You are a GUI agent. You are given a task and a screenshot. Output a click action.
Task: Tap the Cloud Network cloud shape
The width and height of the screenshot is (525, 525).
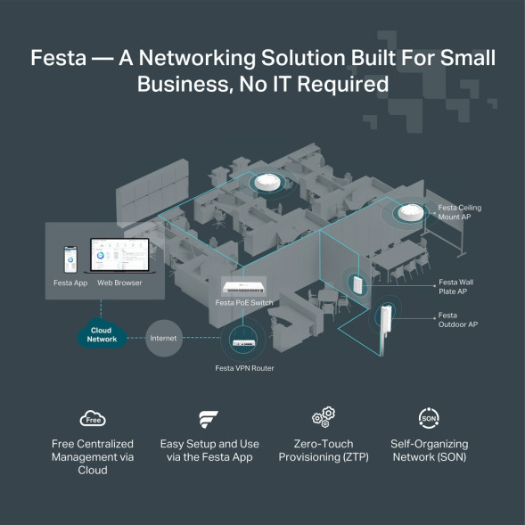(x=103, y=335)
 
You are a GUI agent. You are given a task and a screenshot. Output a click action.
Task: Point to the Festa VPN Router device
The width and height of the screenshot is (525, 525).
(x=243, y=339)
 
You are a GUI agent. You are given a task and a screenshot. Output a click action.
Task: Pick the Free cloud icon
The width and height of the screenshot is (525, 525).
(x=92, y=419)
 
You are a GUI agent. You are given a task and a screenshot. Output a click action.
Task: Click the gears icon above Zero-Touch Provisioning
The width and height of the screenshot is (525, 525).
(x=323, y=418)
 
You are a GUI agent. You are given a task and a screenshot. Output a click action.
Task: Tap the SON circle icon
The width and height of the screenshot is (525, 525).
(x=429, y=418)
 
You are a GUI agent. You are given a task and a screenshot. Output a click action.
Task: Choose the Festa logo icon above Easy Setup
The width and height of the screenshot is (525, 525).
(x=207, y=419)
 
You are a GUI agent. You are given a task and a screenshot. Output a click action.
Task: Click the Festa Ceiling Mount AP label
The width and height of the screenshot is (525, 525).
(x=459, y=212)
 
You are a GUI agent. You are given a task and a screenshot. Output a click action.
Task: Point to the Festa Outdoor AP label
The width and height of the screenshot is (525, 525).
(x=457, y=320)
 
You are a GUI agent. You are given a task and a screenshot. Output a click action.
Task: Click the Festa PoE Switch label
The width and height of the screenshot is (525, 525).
(x=249, y=304)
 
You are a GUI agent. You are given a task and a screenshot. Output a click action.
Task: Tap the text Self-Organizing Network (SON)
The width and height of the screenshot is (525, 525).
(x=429, y=450)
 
